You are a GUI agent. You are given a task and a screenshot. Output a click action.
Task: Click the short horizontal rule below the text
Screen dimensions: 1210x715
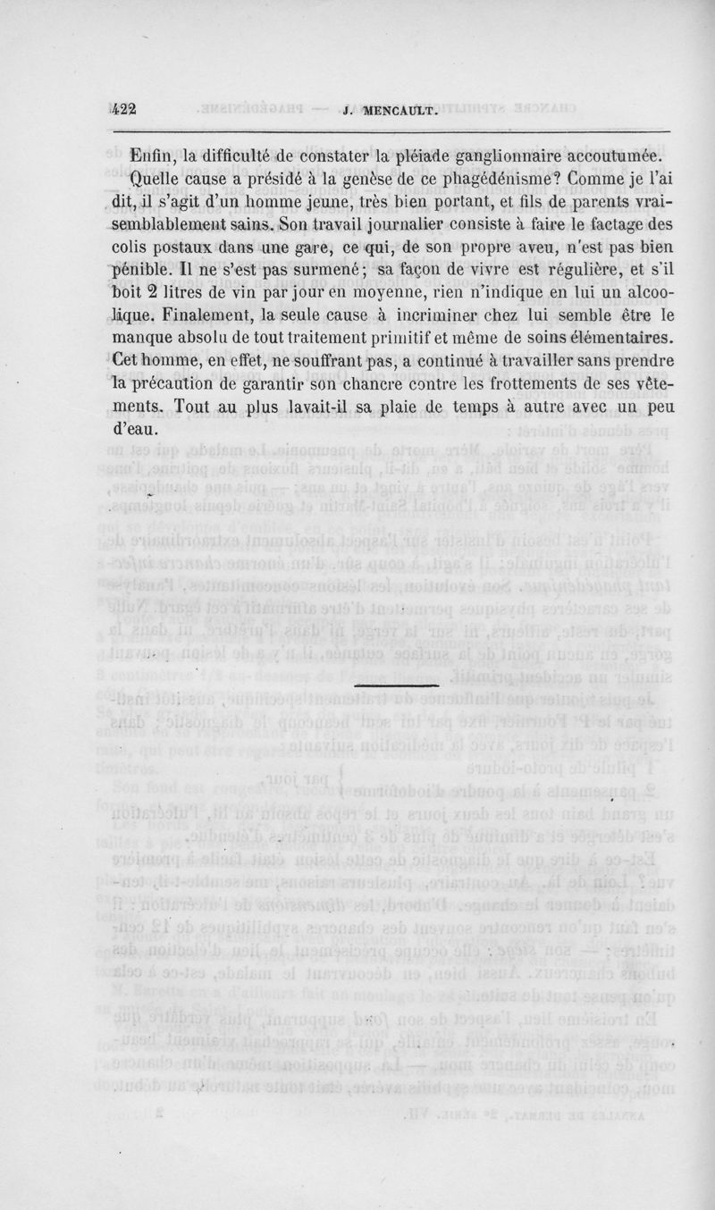tap(396, 686)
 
